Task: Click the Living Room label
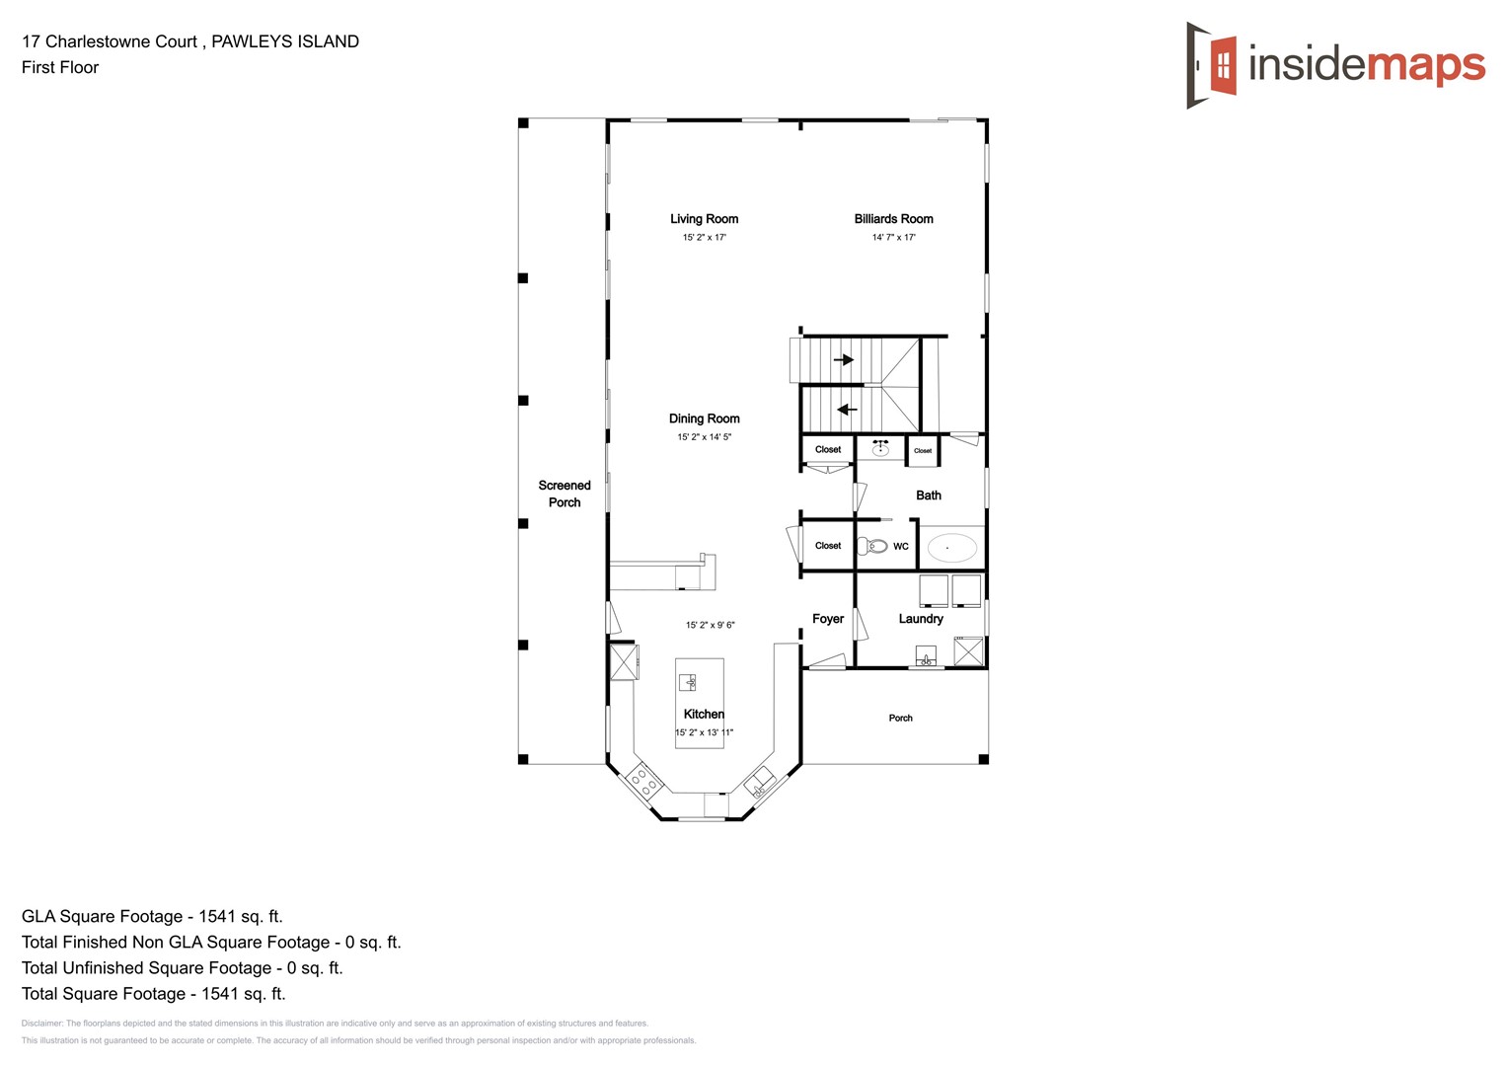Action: coord(704,219)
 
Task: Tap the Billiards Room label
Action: coord(893,219)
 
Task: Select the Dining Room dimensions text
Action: coord(704,437)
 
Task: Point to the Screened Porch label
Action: coord(565,494)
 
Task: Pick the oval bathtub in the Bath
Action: coord(951,547)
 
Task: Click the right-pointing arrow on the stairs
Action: coord(844,360)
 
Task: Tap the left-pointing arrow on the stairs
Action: coord(846,410)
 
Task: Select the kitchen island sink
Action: coord(688,682)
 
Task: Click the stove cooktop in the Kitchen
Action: coord(643,782)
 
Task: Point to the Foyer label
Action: coord(828,619)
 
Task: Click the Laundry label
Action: coord(921,619)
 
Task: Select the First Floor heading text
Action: coord(60,67)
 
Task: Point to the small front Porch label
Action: coord(900,719)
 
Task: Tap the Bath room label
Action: coord(929,495)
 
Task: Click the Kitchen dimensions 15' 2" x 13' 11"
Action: coord(704,733)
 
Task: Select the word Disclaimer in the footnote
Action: coord(41,1024)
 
